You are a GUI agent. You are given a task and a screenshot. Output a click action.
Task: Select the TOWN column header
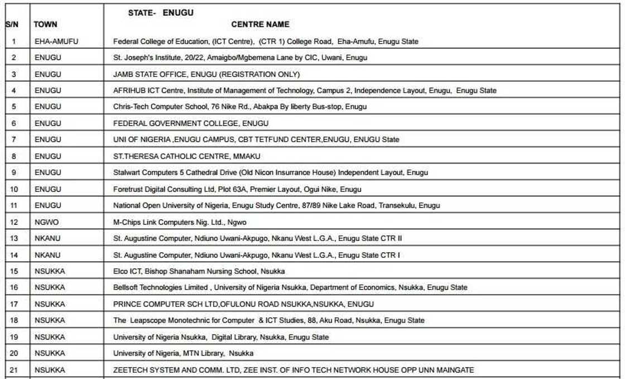[46, 25]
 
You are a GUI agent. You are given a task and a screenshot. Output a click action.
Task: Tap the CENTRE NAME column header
[260, 25]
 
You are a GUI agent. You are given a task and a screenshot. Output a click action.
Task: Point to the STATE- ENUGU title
[161, 13]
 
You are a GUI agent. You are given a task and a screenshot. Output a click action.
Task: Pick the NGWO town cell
[46, 222]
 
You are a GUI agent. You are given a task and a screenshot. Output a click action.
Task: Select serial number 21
[14, 370]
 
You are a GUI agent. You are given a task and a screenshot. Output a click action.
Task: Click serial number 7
[14, 140]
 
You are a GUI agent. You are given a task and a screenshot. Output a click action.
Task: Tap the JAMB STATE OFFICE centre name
[206, 74]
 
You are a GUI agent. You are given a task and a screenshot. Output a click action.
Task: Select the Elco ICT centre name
[199, 271]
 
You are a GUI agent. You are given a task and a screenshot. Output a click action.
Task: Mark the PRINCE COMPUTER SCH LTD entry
[243, 304]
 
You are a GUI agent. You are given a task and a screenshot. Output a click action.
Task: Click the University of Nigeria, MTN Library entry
[183, 353]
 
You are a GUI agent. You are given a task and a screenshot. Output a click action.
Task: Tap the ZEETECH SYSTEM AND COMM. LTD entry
[294, 370]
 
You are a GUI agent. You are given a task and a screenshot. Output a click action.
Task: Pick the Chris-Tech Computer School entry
[240, 107]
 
